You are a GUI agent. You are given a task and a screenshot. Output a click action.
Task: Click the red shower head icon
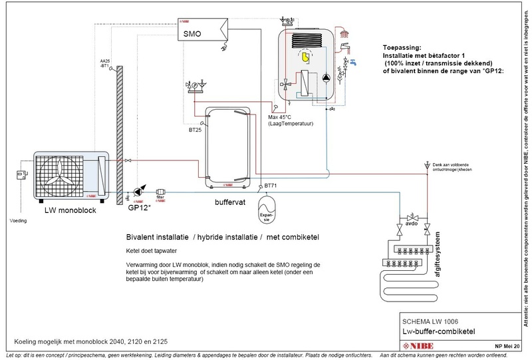click(342, 31)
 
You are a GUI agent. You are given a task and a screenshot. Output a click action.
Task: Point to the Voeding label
click(17, 222)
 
